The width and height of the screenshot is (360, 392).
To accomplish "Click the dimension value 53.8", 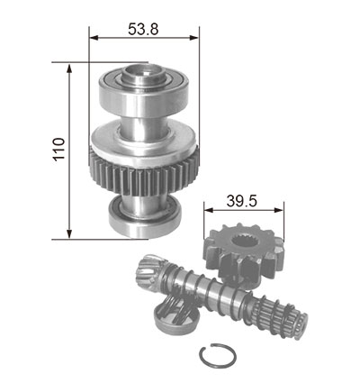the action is click(143, 29).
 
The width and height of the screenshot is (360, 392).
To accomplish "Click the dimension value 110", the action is click(59, 150).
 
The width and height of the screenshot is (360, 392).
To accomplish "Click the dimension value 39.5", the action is click(242, 201).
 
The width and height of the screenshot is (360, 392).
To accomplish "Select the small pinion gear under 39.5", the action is click(244, 255).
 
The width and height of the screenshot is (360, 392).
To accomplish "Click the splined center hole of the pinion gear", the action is click(244, 241).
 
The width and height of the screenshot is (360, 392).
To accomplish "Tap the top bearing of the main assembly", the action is click(144, 92).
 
